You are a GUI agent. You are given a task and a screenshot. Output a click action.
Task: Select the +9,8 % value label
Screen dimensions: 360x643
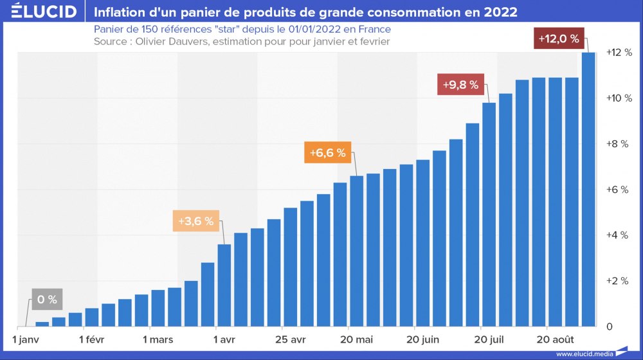(460, 85)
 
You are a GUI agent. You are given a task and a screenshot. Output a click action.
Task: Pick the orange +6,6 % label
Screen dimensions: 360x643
(328, 153)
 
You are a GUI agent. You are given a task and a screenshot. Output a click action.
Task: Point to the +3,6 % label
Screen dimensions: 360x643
(195, 221)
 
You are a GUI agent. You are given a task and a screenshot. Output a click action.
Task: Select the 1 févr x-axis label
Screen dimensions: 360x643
(92, 339)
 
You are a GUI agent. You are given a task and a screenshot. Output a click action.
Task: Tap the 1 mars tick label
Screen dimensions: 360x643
(158, 339)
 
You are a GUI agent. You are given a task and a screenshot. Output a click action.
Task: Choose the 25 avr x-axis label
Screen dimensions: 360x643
(289, 339)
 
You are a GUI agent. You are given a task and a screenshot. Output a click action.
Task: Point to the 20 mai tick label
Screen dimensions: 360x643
(357, 339)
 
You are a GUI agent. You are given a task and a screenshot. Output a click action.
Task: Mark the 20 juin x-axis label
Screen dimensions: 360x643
(423, 339)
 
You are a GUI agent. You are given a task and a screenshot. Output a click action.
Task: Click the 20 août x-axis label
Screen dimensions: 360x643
(556, 339)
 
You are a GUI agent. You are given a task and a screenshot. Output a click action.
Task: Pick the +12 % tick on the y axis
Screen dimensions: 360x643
(619, 53)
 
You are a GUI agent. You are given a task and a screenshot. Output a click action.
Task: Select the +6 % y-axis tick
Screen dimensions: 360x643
(619, 190)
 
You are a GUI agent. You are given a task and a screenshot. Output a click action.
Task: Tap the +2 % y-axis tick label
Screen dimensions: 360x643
(619, 281)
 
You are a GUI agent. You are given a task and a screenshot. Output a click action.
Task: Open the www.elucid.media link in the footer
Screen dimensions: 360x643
(584, 354)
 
